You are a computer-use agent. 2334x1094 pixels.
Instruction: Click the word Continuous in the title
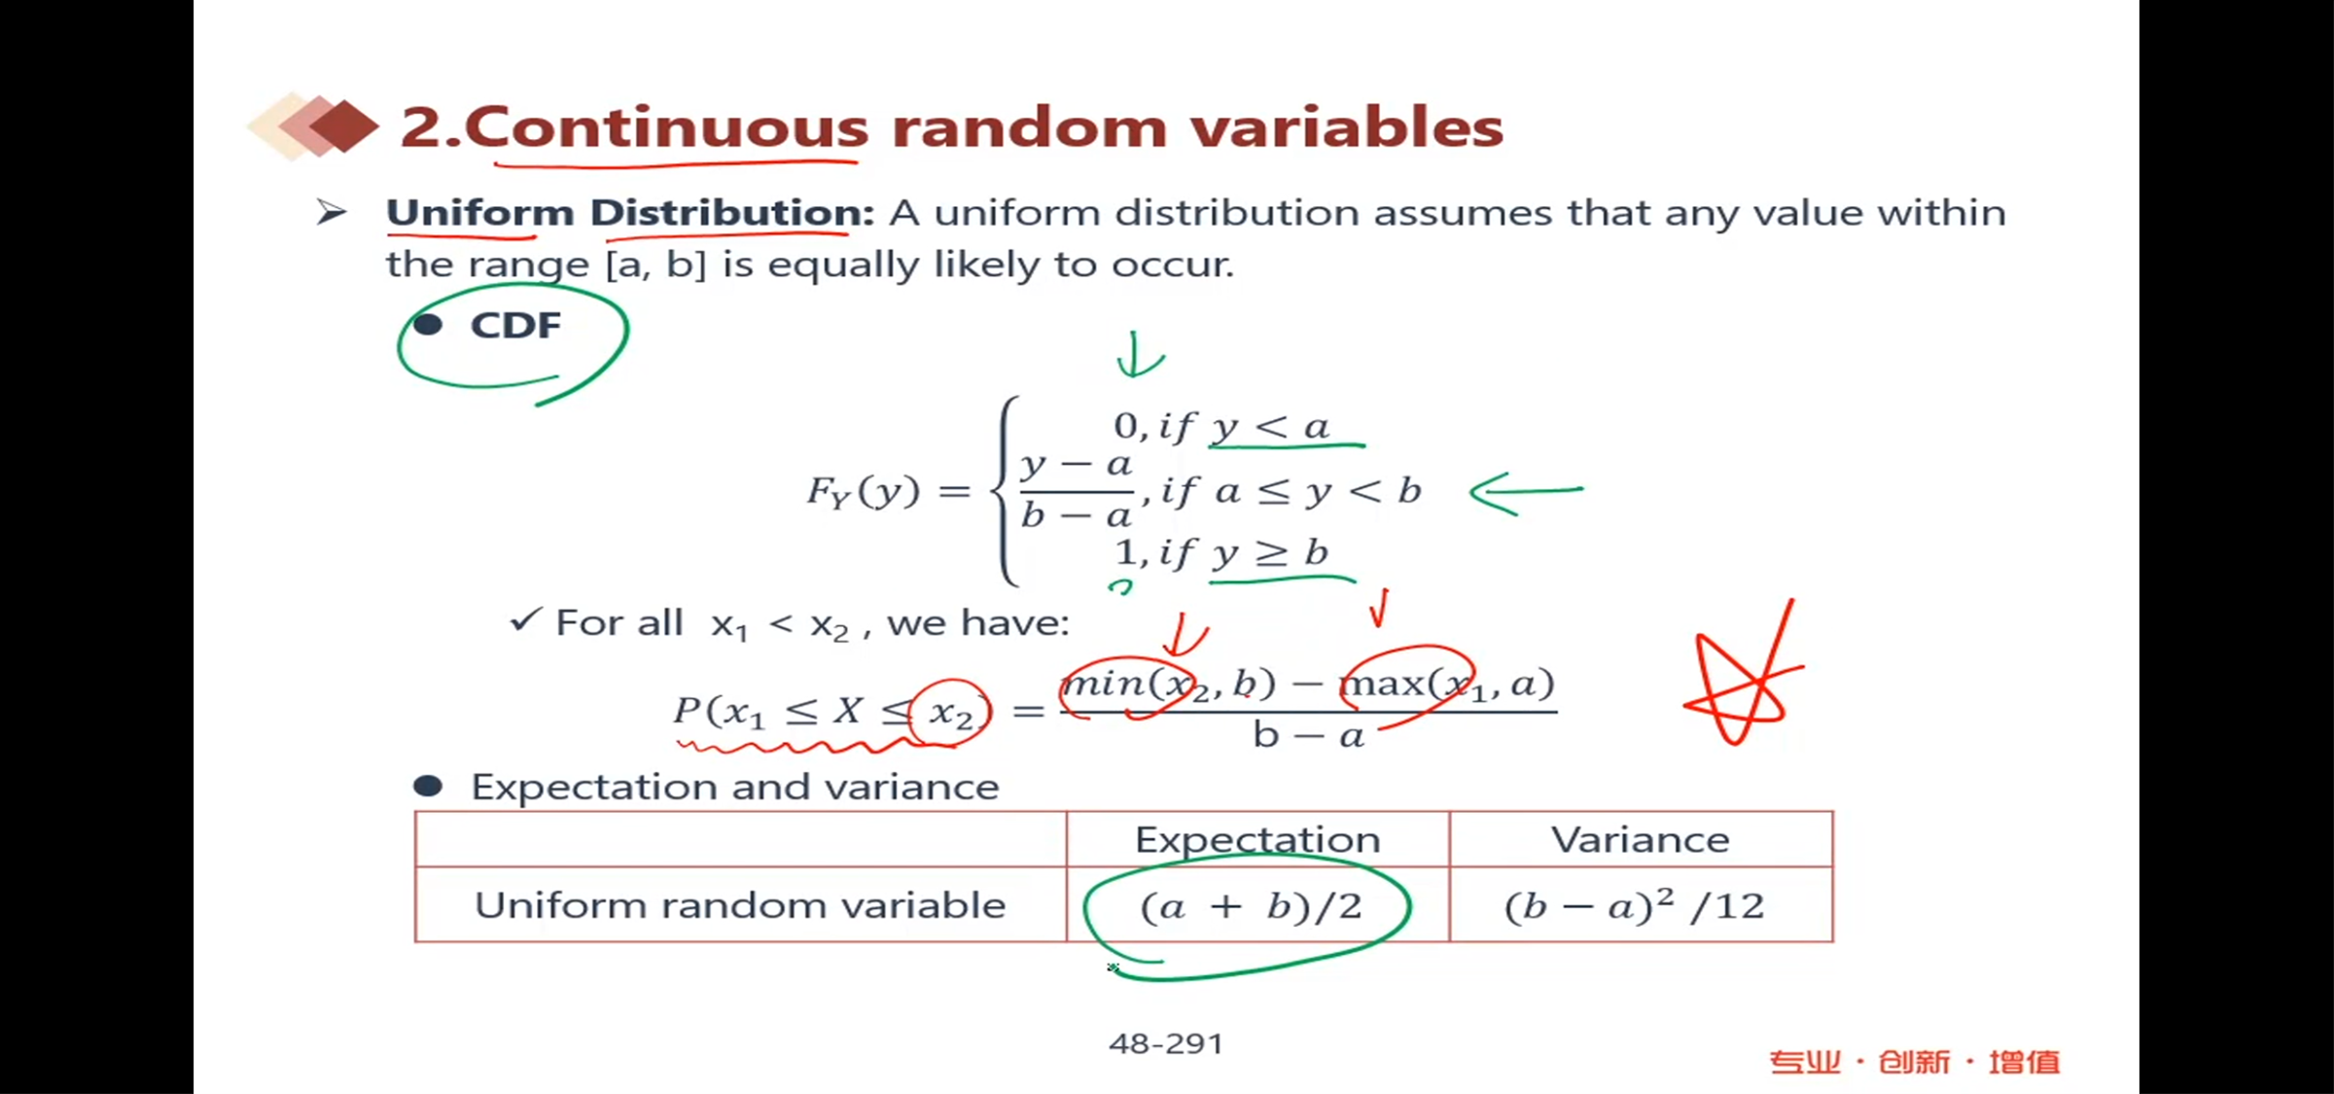tap(666, 127)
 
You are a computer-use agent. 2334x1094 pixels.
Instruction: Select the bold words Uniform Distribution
tap(629, 213)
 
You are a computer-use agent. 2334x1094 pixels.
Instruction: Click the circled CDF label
tap(515, 326)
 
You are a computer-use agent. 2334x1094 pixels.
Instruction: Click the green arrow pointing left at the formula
tap(1525, 492)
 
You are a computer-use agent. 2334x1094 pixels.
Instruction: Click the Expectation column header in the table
tap(1257, 839)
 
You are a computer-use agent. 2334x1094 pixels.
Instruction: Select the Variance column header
tap(1641, 839)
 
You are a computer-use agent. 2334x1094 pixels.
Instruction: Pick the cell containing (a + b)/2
tap(1257, 905)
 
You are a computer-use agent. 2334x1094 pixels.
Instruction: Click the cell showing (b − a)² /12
tap(1641, 905)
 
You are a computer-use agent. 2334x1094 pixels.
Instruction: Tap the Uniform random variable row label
tap(740, 905)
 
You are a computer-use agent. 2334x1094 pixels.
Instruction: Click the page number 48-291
tap(1166, 1043)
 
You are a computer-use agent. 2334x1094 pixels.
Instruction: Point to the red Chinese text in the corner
tap(1914, 1062)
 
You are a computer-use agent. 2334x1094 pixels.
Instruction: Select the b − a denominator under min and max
tap(1309, 736)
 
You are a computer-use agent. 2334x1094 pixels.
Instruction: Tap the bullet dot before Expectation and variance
tap(428, 786)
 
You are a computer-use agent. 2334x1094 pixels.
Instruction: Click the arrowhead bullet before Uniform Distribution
tap(332, 212)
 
